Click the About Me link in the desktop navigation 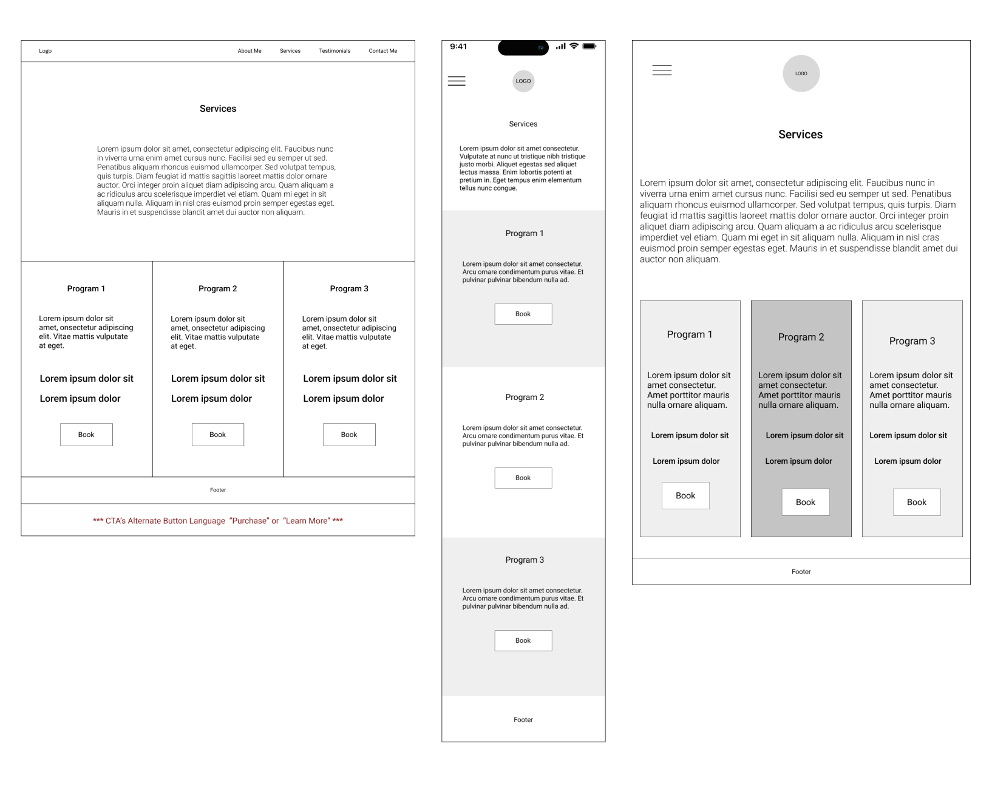[x=249, y=51]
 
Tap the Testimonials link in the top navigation [x=334, y=51]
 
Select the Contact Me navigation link [x=382, y=51]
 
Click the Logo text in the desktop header [x=45, y=51]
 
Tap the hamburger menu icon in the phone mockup [x=457, y=81]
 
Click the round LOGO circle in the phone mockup [x=523, y=81]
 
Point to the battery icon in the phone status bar [x=589, y=46]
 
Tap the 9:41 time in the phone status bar [x=458, y=47]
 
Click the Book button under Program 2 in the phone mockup [x=523, y=478]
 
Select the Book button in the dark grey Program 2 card [x=805, y=502]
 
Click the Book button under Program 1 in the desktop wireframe [x=86, y=434]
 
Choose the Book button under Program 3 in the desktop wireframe [x=349, y=434]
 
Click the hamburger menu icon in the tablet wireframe [x=662, y=70]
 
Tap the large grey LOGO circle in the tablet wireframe [x=801, y=73]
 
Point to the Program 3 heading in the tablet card [x=912, y=341]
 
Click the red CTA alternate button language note [x=217, y=520]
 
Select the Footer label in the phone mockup [x=523, y=719]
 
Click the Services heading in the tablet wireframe [x=800, y=134]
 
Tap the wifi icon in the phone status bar [x=574, y=46]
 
